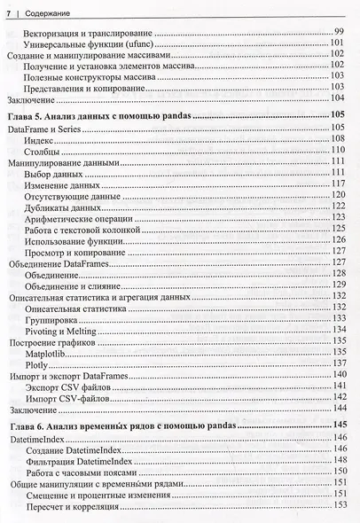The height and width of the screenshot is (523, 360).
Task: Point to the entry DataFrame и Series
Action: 44,129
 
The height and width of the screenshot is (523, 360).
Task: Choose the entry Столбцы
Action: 44,152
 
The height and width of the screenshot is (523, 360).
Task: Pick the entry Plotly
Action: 40,363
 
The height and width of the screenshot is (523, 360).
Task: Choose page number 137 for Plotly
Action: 337,363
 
